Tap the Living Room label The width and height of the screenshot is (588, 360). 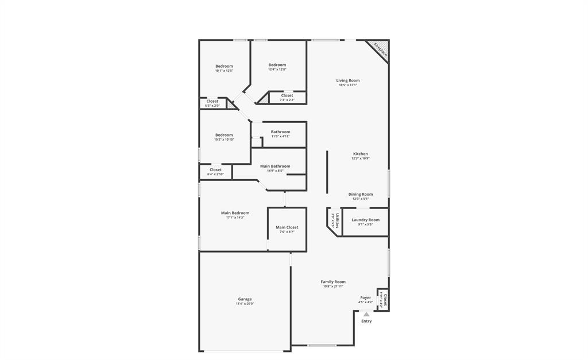pos(348,80)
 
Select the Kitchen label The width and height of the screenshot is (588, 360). pos(361,154)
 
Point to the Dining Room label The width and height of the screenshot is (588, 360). pos(361,194)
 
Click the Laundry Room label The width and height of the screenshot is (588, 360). pos(366,220)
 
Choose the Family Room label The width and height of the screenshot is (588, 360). pos(333,282)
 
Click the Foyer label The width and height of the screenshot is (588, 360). pos(366,297)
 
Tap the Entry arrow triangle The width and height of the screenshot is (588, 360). pos(366,314)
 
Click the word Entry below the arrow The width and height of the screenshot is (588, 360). pos(366,321)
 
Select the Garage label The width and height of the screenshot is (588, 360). pos(245,299)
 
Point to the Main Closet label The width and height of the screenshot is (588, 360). pos(287,227)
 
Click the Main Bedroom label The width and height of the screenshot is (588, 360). pos(235,213)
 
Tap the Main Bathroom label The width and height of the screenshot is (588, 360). pos(275,166)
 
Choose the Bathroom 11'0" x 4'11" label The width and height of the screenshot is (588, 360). pos(281,132)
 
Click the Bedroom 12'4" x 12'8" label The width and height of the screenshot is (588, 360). pos(277,65)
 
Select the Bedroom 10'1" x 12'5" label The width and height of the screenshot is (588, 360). pos(225,66)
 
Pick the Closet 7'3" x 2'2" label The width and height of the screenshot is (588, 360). pos(287,96)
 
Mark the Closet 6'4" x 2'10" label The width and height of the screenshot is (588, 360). pos(216,170)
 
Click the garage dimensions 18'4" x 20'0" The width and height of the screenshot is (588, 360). pos(245,304)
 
